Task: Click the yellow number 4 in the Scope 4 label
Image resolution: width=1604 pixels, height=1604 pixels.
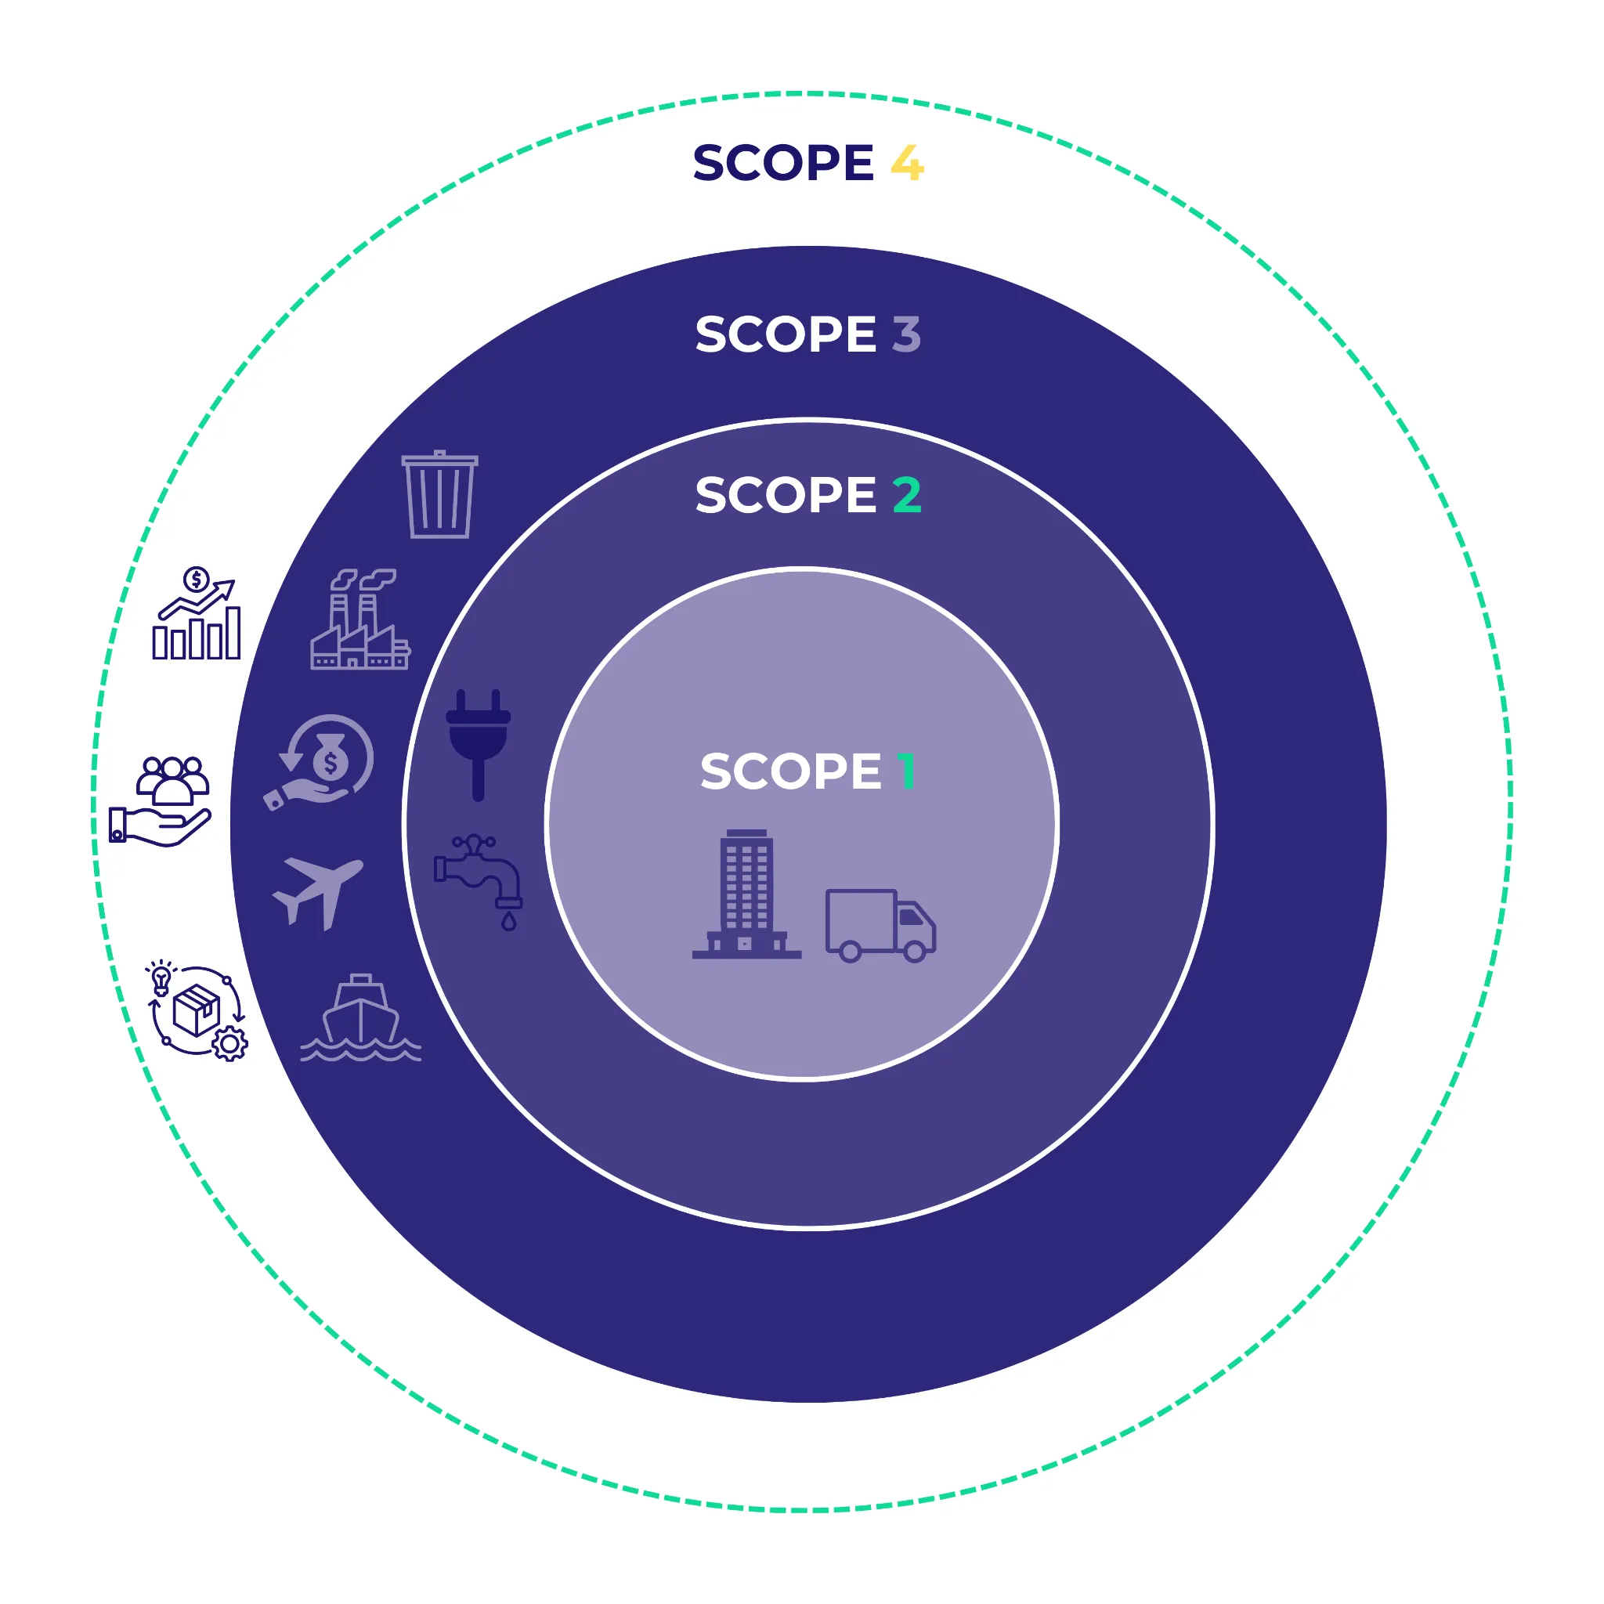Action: click(907, 163)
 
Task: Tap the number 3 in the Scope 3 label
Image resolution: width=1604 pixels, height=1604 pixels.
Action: click(907, 334)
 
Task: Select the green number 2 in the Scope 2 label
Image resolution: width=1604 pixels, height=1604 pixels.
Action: click(907, 495)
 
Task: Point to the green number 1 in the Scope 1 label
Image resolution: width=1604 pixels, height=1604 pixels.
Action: click(906, 771)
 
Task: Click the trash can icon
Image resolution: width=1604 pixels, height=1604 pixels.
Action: click(440, 495)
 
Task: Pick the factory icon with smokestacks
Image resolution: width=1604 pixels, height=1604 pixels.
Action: click(359, 620)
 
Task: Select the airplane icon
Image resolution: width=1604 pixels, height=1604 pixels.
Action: click(318, 891)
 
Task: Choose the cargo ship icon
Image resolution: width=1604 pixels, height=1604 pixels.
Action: click(361, 1018)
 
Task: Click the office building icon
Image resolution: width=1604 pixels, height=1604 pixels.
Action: click(746, 894)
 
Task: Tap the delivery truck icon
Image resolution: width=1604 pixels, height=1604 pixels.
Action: click(880, 925)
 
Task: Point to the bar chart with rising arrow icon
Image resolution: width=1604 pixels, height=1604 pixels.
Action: click(197, 614)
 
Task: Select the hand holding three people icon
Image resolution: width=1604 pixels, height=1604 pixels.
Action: click(161, 801)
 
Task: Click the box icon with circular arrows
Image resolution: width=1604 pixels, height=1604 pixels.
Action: click(197, 1011)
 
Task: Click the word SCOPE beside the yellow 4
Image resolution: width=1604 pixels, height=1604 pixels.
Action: click(783, 163)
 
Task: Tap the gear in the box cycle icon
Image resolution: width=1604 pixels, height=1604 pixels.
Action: click(230, 1043)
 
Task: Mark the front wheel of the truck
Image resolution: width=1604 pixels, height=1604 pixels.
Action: click(914, 952)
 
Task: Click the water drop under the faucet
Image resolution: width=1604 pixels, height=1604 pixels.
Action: click(509, 923)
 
